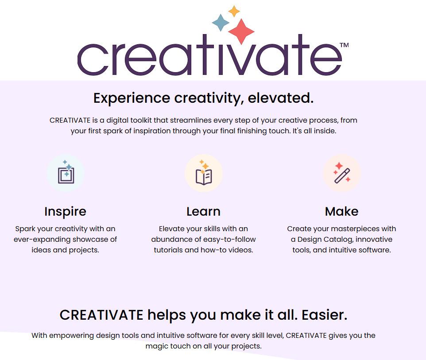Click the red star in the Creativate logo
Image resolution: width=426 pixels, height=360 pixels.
(241, 31)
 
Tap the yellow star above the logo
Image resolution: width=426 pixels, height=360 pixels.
(234, 11)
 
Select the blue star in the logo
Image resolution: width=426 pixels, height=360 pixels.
(221, 23)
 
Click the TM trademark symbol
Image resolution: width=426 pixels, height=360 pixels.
(344, 45)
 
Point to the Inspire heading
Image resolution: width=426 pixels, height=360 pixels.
(65, 211)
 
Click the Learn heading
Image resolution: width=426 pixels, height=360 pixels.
(204, 211)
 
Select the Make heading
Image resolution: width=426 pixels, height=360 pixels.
(342, 211)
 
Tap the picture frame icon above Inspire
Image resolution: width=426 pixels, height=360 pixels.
(66, 172)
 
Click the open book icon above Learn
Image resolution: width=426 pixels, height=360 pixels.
(204, 173)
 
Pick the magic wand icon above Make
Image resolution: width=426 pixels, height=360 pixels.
(342, 173)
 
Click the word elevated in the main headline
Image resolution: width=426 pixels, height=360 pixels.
(281, 98)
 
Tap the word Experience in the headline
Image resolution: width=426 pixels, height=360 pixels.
(132, 98)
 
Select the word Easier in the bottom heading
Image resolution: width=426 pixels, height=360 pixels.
(325, 315)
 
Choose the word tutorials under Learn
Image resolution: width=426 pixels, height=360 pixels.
(168, 250)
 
